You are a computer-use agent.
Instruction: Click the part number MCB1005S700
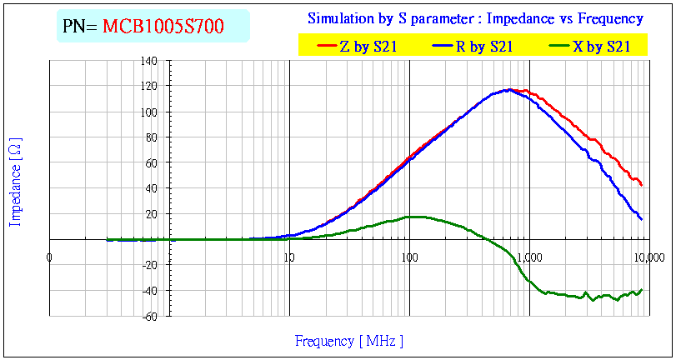pos(163,27)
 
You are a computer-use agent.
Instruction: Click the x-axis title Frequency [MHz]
pos(348,341)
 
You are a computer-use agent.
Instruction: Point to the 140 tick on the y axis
pos(149,61)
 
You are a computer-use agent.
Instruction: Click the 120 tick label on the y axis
pos(149,87)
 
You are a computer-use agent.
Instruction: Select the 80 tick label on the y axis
pos(152,137)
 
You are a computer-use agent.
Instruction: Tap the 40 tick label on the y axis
pos(152,188)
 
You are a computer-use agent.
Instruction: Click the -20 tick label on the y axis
pos(149,265)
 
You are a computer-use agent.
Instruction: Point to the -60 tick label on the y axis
pos(149,316)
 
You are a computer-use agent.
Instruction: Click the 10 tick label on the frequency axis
pos(289,257)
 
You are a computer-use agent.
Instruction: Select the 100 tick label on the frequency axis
pos(408,257)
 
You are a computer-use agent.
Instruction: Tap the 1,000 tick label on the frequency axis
pos(528,257)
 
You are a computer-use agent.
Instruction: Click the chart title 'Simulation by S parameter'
pos(475,18)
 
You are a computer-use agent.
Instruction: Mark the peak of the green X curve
pos(414,217)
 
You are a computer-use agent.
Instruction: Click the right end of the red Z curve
pos(641,185)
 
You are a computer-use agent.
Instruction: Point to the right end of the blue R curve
pos(641,219)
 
